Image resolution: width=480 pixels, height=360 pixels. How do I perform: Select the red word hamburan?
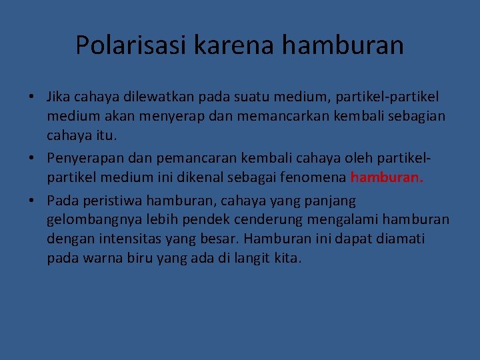click(x=386, y=177)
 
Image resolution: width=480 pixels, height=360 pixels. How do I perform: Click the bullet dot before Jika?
click(x=32, y=97)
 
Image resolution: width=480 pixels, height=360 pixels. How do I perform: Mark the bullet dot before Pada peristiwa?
click(x=32, y=201)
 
